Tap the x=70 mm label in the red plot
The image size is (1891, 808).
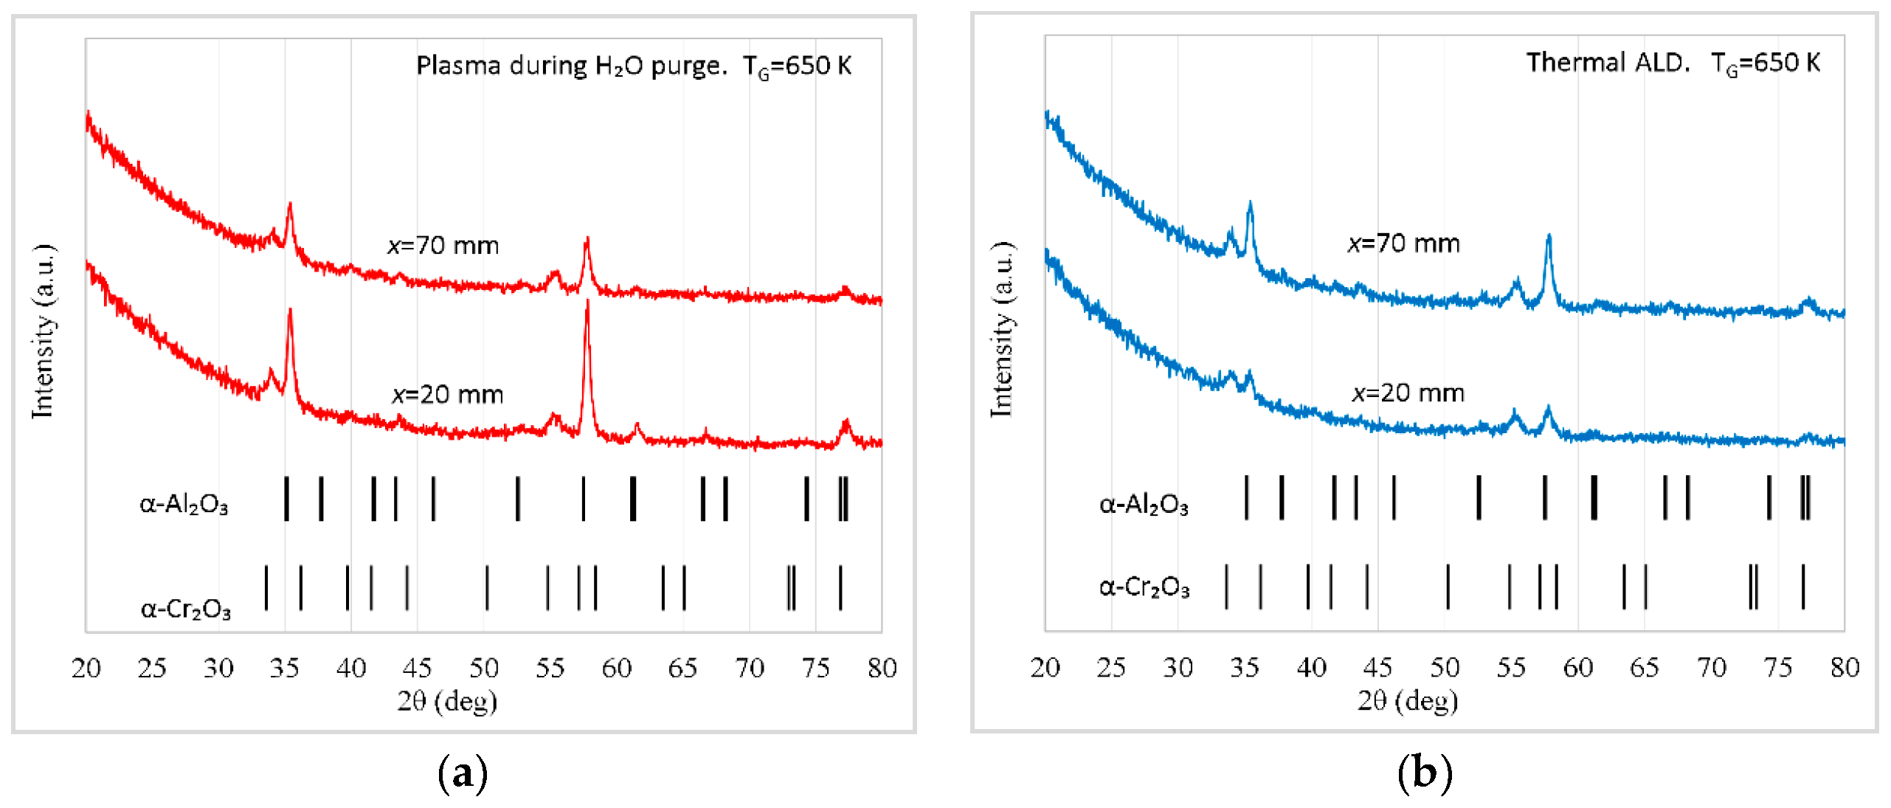point(443,245)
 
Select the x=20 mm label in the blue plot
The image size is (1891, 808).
point(1408,393)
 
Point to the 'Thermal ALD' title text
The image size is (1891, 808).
point(1607,63)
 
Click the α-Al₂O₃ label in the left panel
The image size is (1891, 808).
point(184,504)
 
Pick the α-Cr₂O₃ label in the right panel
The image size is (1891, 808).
point(1144,587)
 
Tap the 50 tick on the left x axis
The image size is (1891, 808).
point(484,668)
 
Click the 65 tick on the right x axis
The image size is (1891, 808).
point(1645,667)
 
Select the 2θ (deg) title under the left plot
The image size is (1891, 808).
point(447,701)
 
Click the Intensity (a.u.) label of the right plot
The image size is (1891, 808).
point(1002,330)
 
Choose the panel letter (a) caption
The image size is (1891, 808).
point(463,773)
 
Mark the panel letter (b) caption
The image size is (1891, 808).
point(1425,773)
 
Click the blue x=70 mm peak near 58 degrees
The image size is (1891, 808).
point(1549,238)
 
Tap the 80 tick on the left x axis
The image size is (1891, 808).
point(882,668)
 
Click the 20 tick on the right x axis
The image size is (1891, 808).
point(1045,667)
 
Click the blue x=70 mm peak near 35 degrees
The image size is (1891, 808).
point(1250,205)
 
